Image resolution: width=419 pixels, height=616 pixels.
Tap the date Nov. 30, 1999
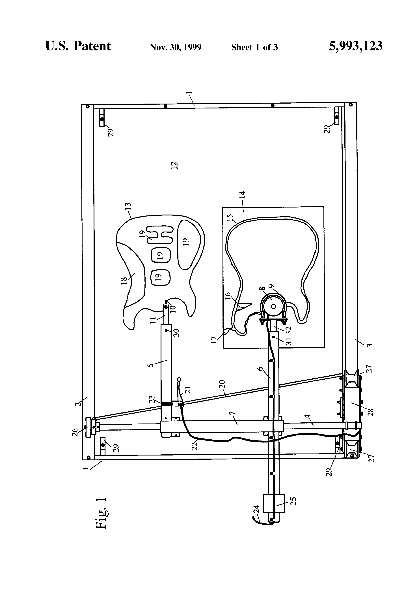point(176,47)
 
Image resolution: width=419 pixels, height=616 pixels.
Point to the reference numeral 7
point(231,414)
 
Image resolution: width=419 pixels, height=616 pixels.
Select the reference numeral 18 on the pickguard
point(124,280)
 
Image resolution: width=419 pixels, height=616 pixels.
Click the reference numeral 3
point(370,345)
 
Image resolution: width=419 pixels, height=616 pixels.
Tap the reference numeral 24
point(256,509)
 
